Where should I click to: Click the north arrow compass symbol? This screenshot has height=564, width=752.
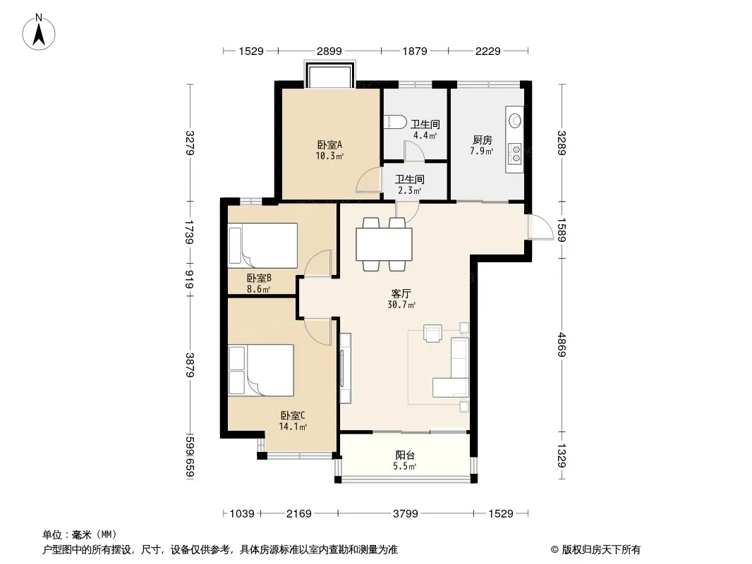(39, 32)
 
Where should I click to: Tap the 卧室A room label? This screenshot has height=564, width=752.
(329, 145)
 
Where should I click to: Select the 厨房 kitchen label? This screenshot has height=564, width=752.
(482, 140)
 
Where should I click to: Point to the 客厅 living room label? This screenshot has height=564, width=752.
(401, 293)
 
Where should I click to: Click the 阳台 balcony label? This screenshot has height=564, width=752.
(405, 455)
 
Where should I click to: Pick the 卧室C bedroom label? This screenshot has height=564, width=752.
(293, 415)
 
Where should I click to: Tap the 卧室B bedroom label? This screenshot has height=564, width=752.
(259, 278)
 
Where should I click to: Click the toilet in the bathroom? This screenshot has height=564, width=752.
(395, 122)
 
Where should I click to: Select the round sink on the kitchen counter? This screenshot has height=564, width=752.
(515, 120)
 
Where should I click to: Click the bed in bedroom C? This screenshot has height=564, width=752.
(261, 370)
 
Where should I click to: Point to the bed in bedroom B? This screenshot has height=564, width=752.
(263, 245)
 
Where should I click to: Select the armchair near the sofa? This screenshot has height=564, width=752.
(432, 333)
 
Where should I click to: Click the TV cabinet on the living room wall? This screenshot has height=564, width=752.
(345, 368)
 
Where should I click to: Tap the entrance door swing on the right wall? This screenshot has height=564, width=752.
(540, 226)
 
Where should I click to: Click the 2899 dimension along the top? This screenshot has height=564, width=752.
(329, 51)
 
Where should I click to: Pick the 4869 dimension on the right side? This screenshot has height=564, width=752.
(562, 345)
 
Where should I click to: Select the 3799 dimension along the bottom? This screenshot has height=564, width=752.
(405, 514)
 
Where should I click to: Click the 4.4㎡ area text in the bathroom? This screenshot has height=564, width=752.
(425, 135)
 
